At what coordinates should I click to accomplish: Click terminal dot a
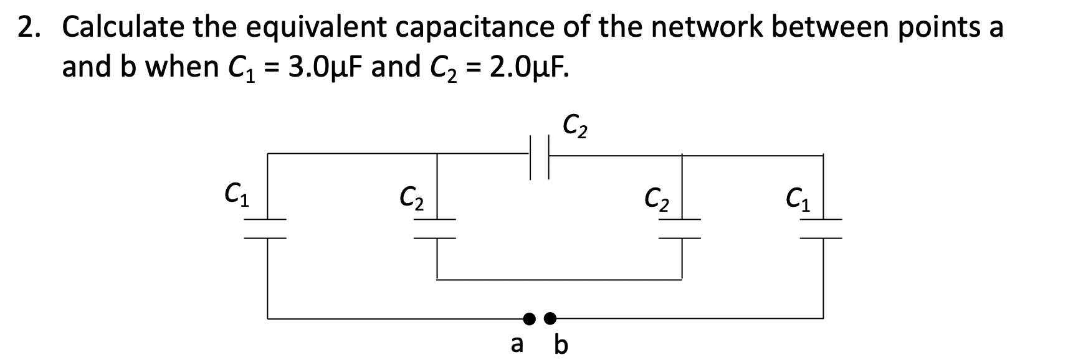(529, 319)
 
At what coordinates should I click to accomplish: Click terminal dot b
(550, 319)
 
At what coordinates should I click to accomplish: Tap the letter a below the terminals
(517, 343)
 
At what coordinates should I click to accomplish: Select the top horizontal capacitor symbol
(540, 163)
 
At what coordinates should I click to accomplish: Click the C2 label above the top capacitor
(576, 126)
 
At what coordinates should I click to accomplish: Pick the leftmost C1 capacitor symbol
(268, 229)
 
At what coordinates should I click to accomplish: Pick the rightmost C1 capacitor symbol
(823, 229)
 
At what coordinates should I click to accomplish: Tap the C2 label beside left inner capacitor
(412, 199)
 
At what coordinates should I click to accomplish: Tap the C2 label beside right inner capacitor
(657, 199)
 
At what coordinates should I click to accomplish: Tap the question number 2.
(29, 28)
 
